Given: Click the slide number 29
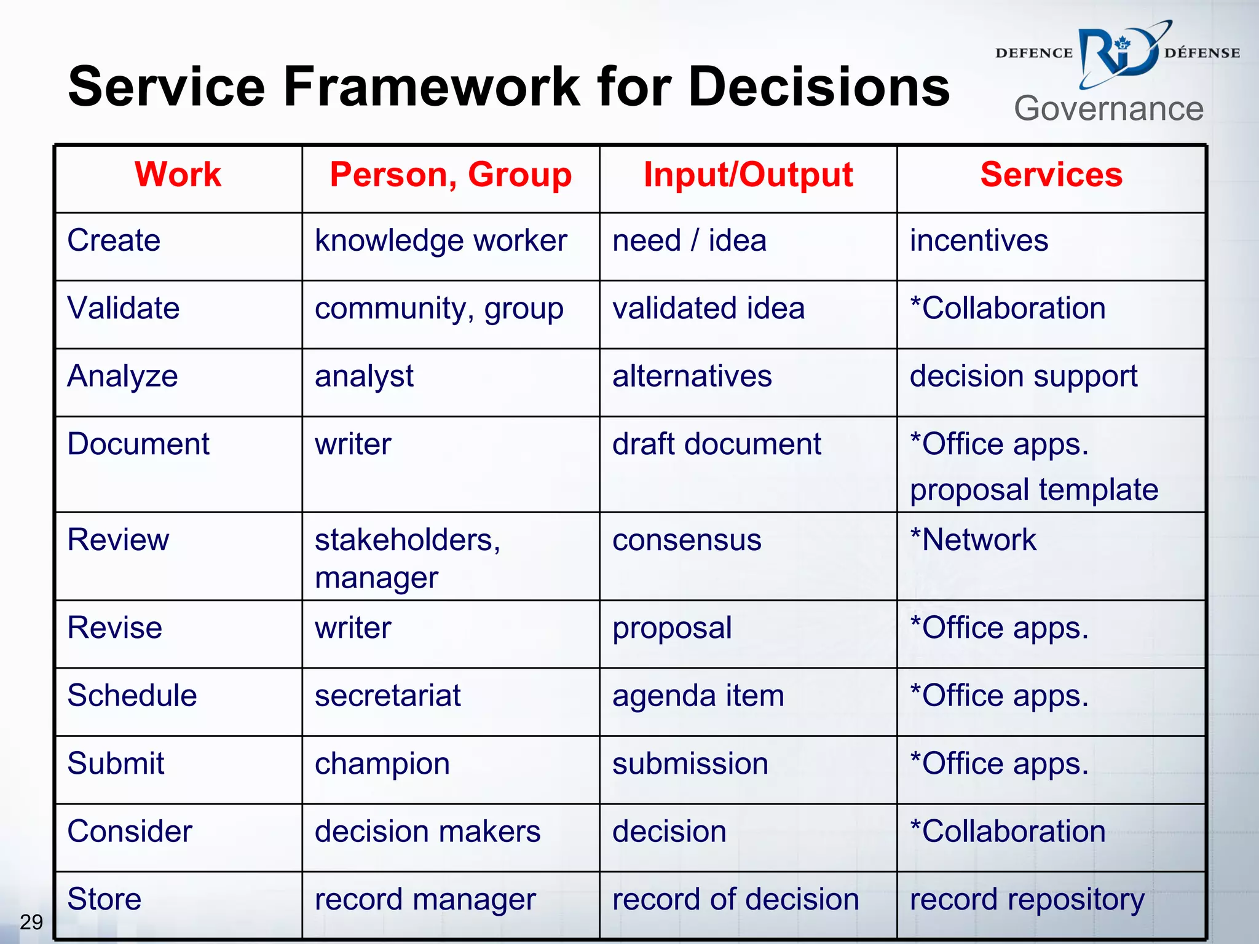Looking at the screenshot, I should (31, 922).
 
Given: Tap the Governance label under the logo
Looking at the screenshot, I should (1108, 109).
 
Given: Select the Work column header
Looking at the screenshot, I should (178, 175).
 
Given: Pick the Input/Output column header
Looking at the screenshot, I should (748, 175).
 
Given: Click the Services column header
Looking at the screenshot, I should (1051, 175).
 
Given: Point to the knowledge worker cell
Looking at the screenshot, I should (441, 241).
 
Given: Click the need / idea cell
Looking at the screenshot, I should (689, 240).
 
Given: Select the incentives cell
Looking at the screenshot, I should (979, 240).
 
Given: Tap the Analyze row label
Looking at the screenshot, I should (122, 376).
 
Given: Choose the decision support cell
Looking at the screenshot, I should (1024, 376).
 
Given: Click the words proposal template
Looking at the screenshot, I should (1034, 490).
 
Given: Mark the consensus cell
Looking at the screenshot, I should (687, 540).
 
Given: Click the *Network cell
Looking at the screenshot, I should (973, 540).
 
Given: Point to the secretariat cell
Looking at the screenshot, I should (387, 696).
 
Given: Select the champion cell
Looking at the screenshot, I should (382, 764).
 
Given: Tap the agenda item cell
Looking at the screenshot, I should (698, 696).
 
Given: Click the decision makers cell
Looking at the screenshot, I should (427, 832).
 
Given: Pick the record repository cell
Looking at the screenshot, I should (1027, 900).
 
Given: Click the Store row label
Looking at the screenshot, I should (105, 899).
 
